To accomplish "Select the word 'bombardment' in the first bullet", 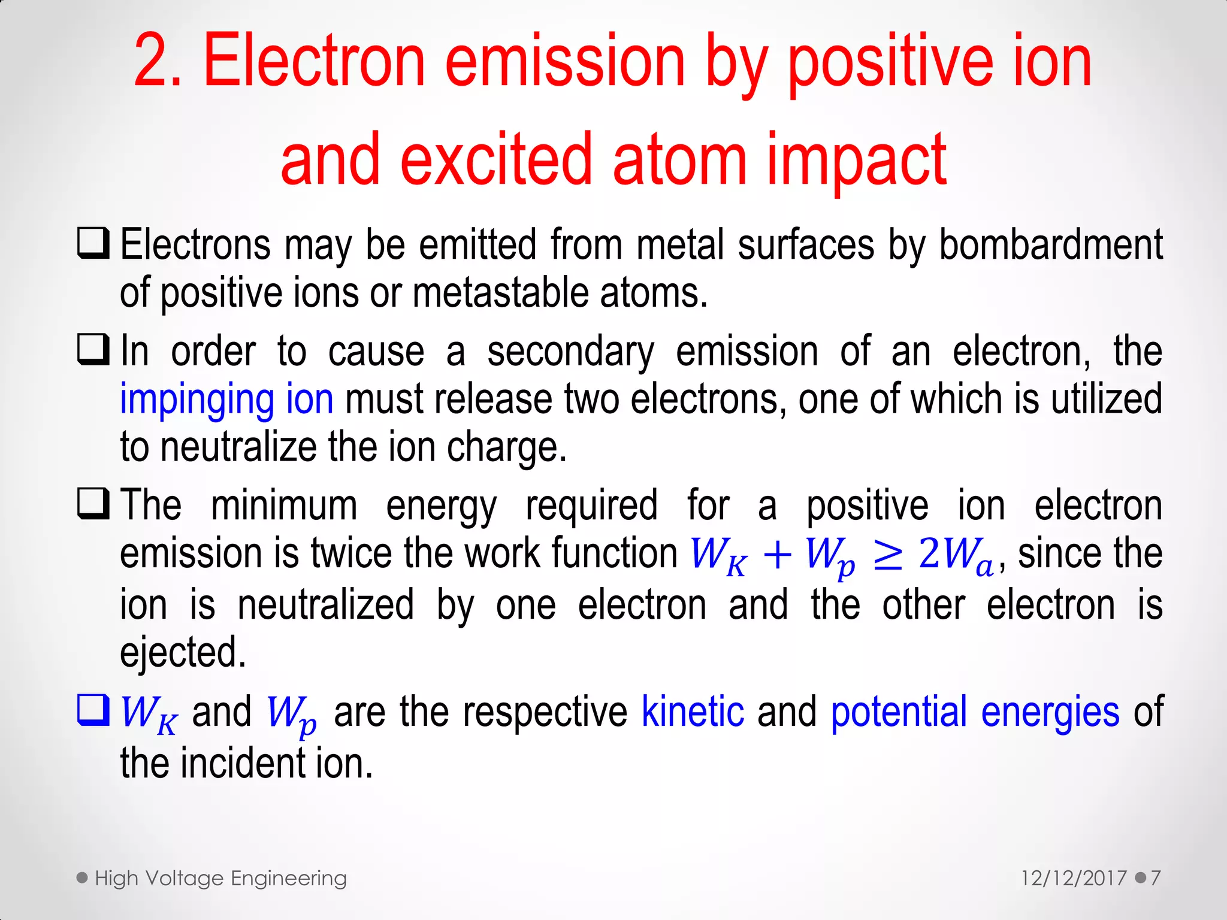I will click(1050, 246).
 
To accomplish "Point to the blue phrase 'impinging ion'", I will click(226, 400).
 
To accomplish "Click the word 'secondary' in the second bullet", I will click(570, 352).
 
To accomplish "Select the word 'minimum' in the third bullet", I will click(284, 506).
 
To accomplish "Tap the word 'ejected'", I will click(182, 653).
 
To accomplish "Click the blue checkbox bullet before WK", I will click(93, 710).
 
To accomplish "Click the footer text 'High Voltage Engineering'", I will click(220, 879).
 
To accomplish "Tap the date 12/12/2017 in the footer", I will click(1074, 879).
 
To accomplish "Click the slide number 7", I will click(1155, 879).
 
